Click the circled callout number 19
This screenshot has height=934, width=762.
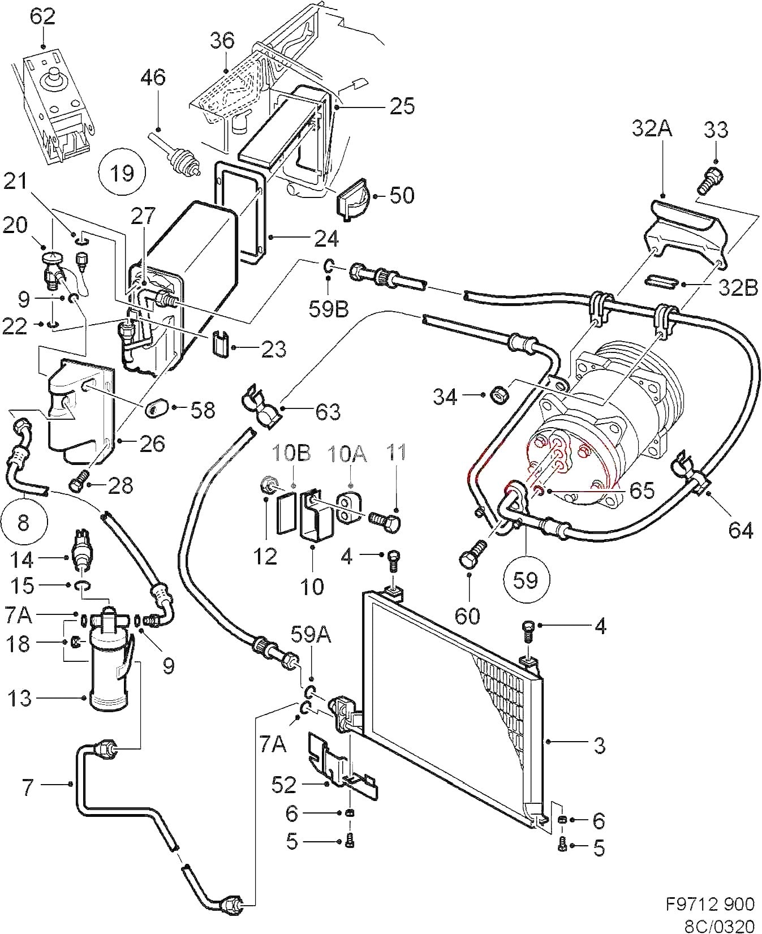pos(122,172)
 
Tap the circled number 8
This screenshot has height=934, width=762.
pos(23,522)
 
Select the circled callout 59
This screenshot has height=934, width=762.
pos(526,579)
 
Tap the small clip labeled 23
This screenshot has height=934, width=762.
pos(221,345)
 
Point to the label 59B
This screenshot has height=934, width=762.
pos(328,309)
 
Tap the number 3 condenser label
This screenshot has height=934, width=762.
pos(600,745)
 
